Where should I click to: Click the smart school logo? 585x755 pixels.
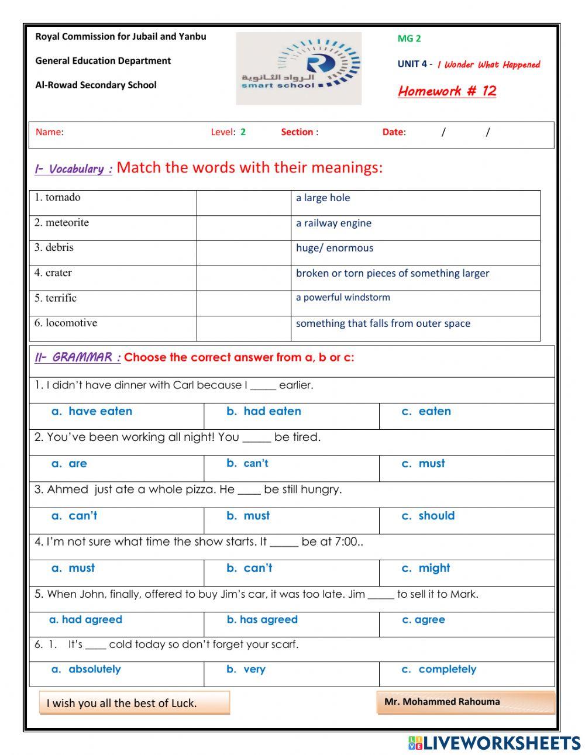[298, 68]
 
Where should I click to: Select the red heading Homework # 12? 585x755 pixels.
[447, 91]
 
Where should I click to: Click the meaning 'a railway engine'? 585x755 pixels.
[333, 223]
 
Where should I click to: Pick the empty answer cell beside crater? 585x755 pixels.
[243, 278]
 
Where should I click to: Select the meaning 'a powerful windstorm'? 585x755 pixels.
[343, 298]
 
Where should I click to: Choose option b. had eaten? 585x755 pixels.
[264, 412]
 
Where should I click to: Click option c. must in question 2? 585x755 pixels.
[424, 464]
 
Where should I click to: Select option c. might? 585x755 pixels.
[426, 568]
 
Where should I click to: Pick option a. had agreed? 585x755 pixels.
[86, 620]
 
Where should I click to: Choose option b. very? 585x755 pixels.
[246, 670]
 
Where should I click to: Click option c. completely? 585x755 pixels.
[439, 670]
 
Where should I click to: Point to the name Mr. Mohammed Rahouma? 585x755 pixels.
[442, 702]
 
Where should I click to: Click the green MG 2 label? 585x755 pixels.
[409, 39]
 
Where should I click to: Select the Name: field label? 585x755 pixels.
[50, 132]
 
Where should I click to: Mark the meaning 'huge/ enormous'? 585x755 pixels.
[335, 249]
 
